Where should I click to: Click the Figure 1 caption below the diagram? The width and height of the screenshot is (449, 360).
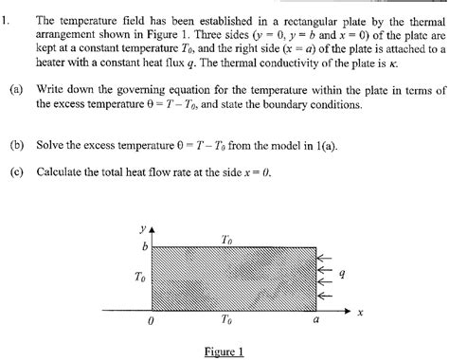224,351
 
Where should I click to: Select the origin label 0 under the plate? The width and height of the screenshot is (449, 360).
152,322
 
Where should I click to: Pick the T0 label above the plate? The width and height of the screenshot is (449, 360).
226,241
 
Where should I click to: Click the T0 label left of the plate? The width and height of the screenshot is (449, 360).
140,278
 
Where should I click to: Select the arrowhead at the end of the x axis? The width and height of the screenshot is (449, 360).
347,309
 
